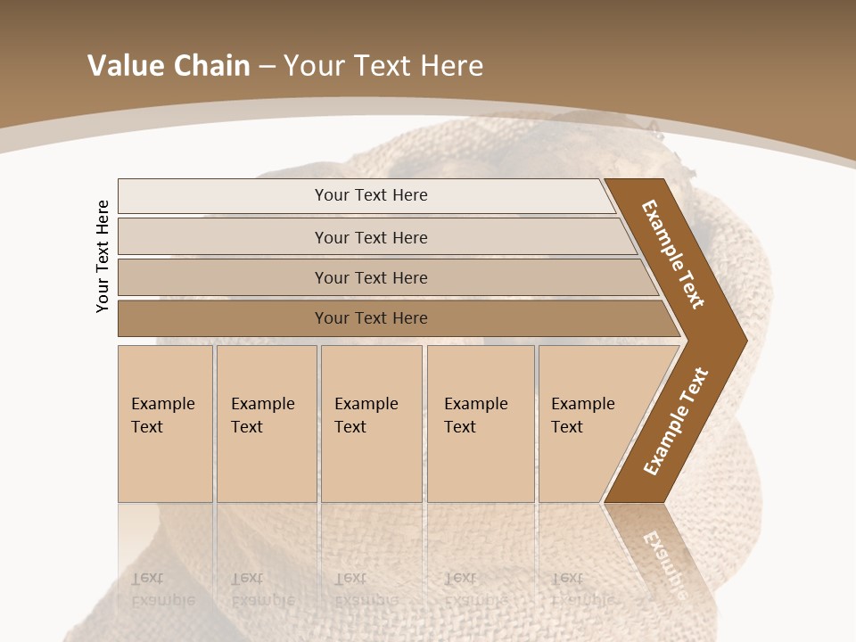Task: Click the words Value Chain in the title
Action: (x=169, y=66)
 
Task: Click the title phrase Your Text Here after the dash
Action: (x=383, y=66)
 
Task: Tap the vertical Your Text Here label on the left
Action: (x=103, y=256)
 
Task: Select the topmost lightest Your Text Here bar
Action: (x=370, y=195)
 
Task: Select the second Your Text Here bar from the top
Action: (x=370, y=237)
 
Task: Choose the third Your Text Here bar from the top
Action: (x=370, y=277)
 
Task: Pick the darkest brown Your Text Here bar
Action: (x=370, y=318)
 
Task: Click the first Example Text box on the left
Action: (x=165, y=424)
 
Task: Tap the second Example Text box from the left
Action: (x=266, y=424)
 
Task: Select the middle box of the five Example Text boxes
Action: (x=371, y=424)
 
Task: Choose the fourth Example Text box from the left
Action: (x=480, y=424)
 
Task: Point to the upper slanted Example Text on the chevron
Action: (x=673, y=254)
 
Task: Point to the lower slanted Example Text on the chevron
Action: (x=676, y=422)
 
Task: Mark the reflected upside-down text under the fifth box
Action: (x=580, y=588)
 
